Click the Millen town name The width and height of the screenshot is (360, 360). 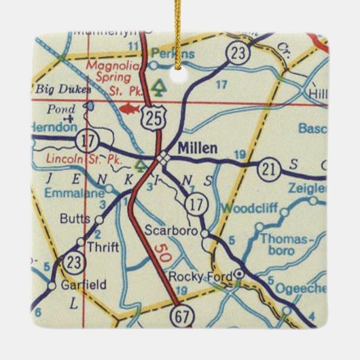(198, 147)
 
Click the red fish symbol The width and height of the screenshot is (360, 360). (127, 107)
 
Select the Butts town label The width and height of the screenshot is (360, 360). (75, 219)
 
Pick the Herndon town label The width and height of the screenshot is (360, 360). (49, 127)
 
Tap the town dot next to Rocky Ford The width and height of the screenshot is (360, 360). (238, 275)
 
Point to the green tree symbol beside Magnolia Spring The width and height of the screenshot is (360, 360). (158, 88)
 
